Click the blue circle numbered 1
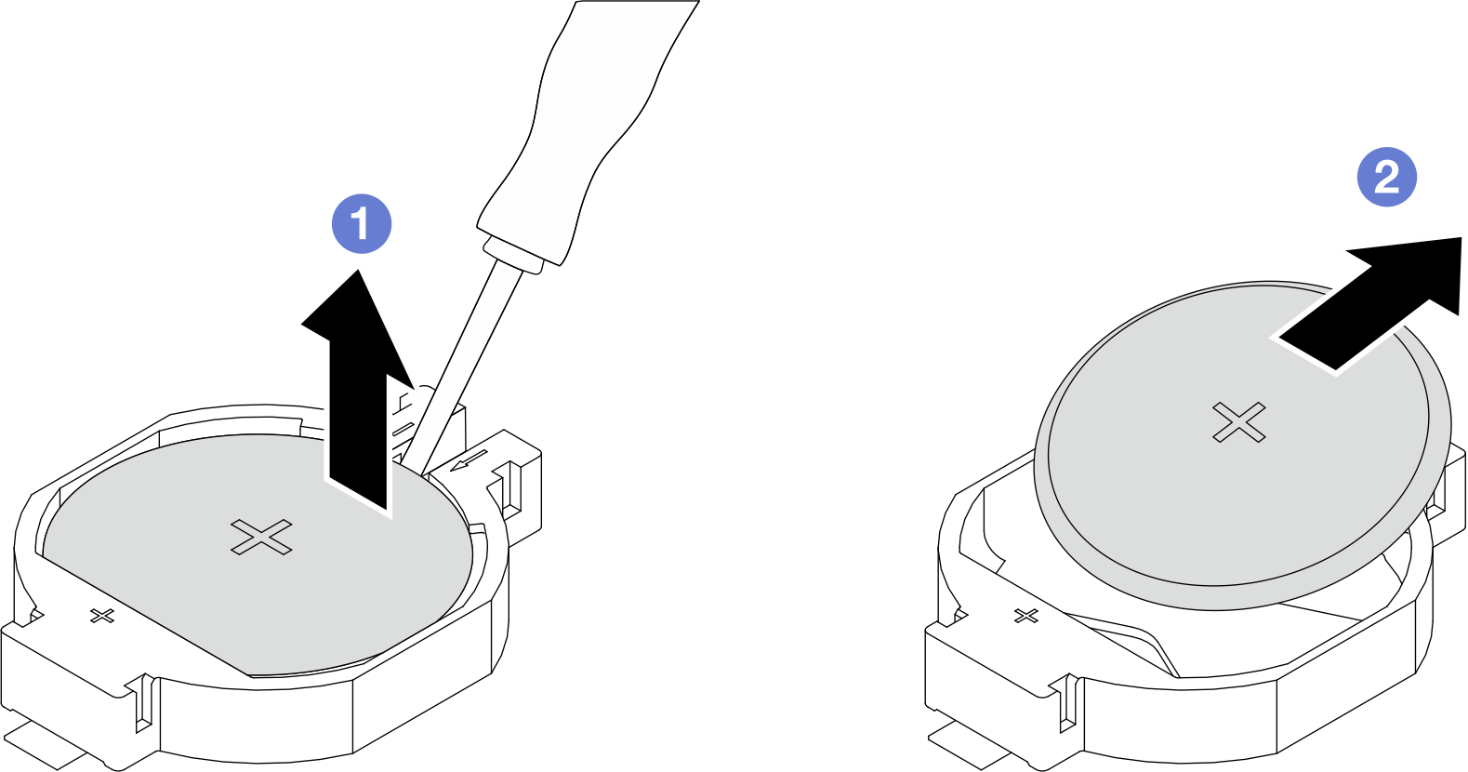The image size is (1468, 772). (x=362, y=223)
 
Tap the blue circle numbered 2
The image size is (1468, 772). (x=1387, y=177)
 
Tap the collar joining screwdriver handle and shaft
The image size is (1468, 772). (x=513, y=257)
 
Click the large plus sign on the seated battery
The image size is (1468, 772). (x=261, y=538)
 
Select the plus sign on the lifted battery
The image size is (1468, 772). (x=1238, y=422)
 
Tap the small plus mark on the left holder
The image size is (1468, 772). (x=102, y=616)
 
